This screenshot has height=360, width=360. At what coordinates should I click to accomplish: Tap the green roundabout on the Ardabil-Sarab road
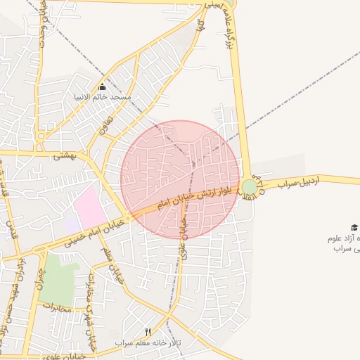[x=250, y=187]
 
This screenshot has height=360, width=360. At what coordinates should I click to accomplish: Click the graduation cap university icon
[x=354, y=227]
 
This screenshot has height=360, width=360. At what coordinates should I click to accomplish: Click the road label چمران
[x=39, y=279]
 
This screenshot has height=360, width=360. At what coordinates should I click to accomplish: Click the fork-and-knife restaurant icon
[x=148, y=331]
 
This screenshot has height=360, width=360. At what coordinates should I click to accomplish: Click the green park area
[x=59, y=278]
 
